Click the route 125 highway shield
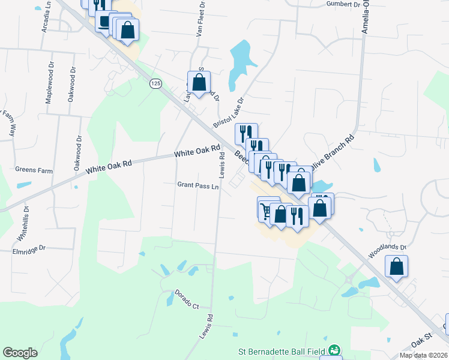pos(156,83)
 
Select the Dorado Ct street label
pos(187,300)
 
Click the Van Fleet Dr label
pos(202,20)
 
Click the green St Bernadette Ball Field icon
pos(334,350)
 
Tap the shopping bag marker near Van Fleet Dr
pos(199,83)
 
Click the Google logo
pos(20,352)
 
